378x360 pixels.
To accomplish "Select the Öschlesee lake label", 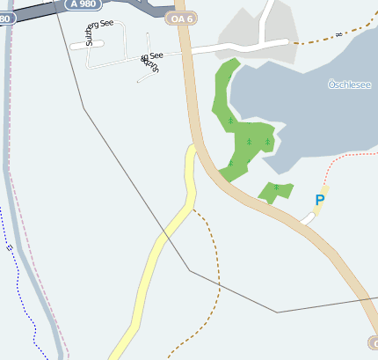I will (348, 84).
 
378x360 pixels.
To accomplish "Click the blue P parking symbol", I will (319, 201).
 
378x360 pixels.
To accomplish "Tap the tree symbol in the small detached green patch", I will (276, 187).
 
